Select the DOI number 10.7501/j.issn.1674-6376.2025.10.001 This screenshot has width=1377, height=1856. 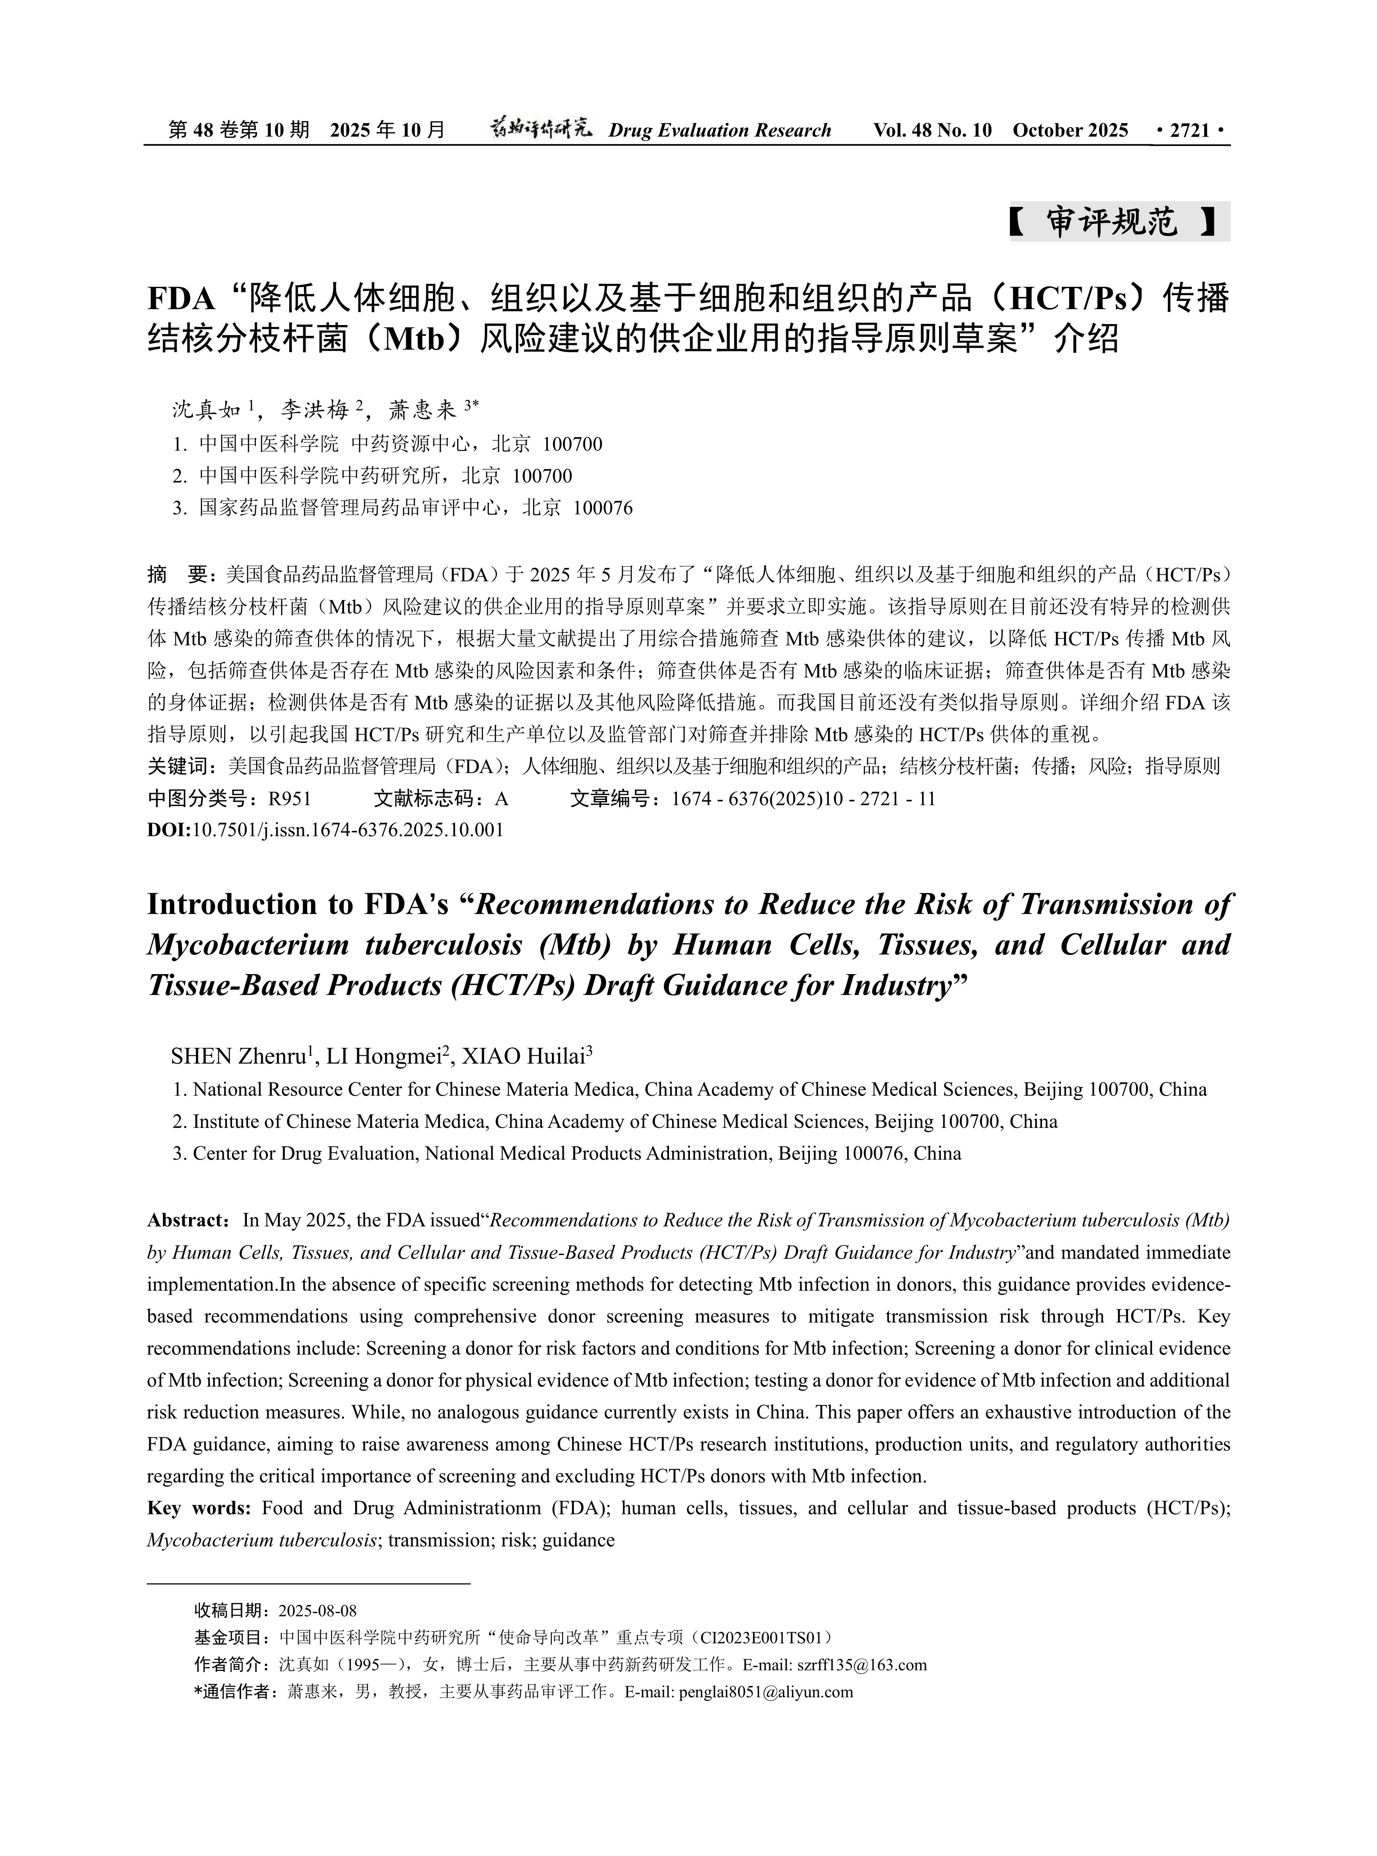click(x=348, y=831)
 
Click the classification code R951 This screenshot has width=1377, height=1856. click(x=289, y=799)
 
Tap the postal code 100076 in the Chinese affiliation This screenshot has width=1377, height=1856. click(x=602, y=508)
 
